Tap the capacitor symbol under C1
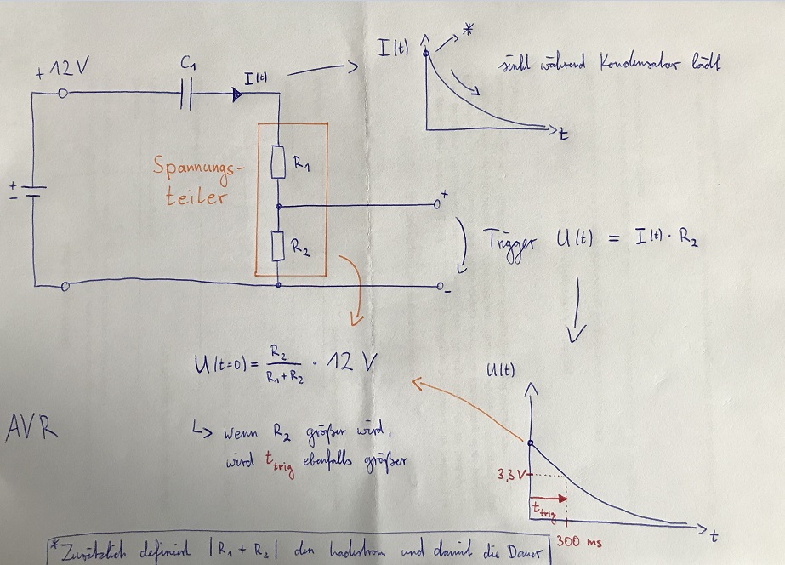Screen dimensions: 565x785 click(x=188, y=95)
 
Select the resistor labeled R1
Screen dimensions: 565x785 click(x=278, y=162)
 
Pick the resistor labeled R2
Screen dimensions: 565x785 click(x=278, y=246)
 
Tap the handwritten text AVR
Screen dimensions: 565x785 click(x=32, y=425)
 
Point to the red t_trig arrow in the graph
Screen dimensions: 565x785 click(x=550, y=499)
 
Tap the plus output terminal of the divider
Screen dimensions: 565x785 click(x=437, y=205)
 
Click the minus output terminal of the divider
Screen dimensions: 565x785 click(x=436, y=287)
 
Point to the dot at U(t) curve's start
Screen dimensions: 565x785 click(x=531, y=443)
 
